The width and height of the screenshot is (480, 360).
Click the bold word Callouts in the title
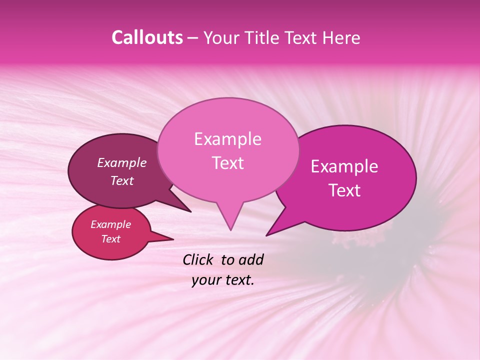(x=147, y=37)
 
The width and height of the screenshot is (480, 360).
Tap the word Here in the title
(x=342, y=37)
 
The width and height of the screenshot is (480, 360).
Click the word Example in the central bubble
(x=227, y=139)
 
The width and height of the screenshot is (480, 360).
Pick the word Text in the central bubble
(x=227, y=163)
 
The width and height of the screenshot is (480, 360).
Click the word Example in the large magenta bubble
(x=344, y=166)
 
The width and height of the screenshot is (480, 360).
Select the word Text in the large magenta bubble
(x=344, y=190)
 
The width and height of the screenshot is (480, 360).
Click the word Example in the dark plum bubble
(x=122, y=163)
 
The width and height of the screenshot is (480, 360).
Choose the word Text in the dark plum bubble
(x=122, y=181)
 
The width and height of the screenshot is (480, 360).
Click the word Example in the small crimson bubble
(x=110, y=224)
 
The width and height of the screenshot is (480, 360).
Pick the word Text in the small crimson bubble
(x=110, y=239)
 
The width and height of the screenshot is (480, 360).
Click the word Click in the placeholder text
(x=198, y=259)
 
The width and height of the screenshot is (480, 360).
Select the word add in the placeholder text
(x=251, y=259)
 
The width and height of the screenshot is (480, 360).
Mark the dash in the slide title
(x=193, y=38)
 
